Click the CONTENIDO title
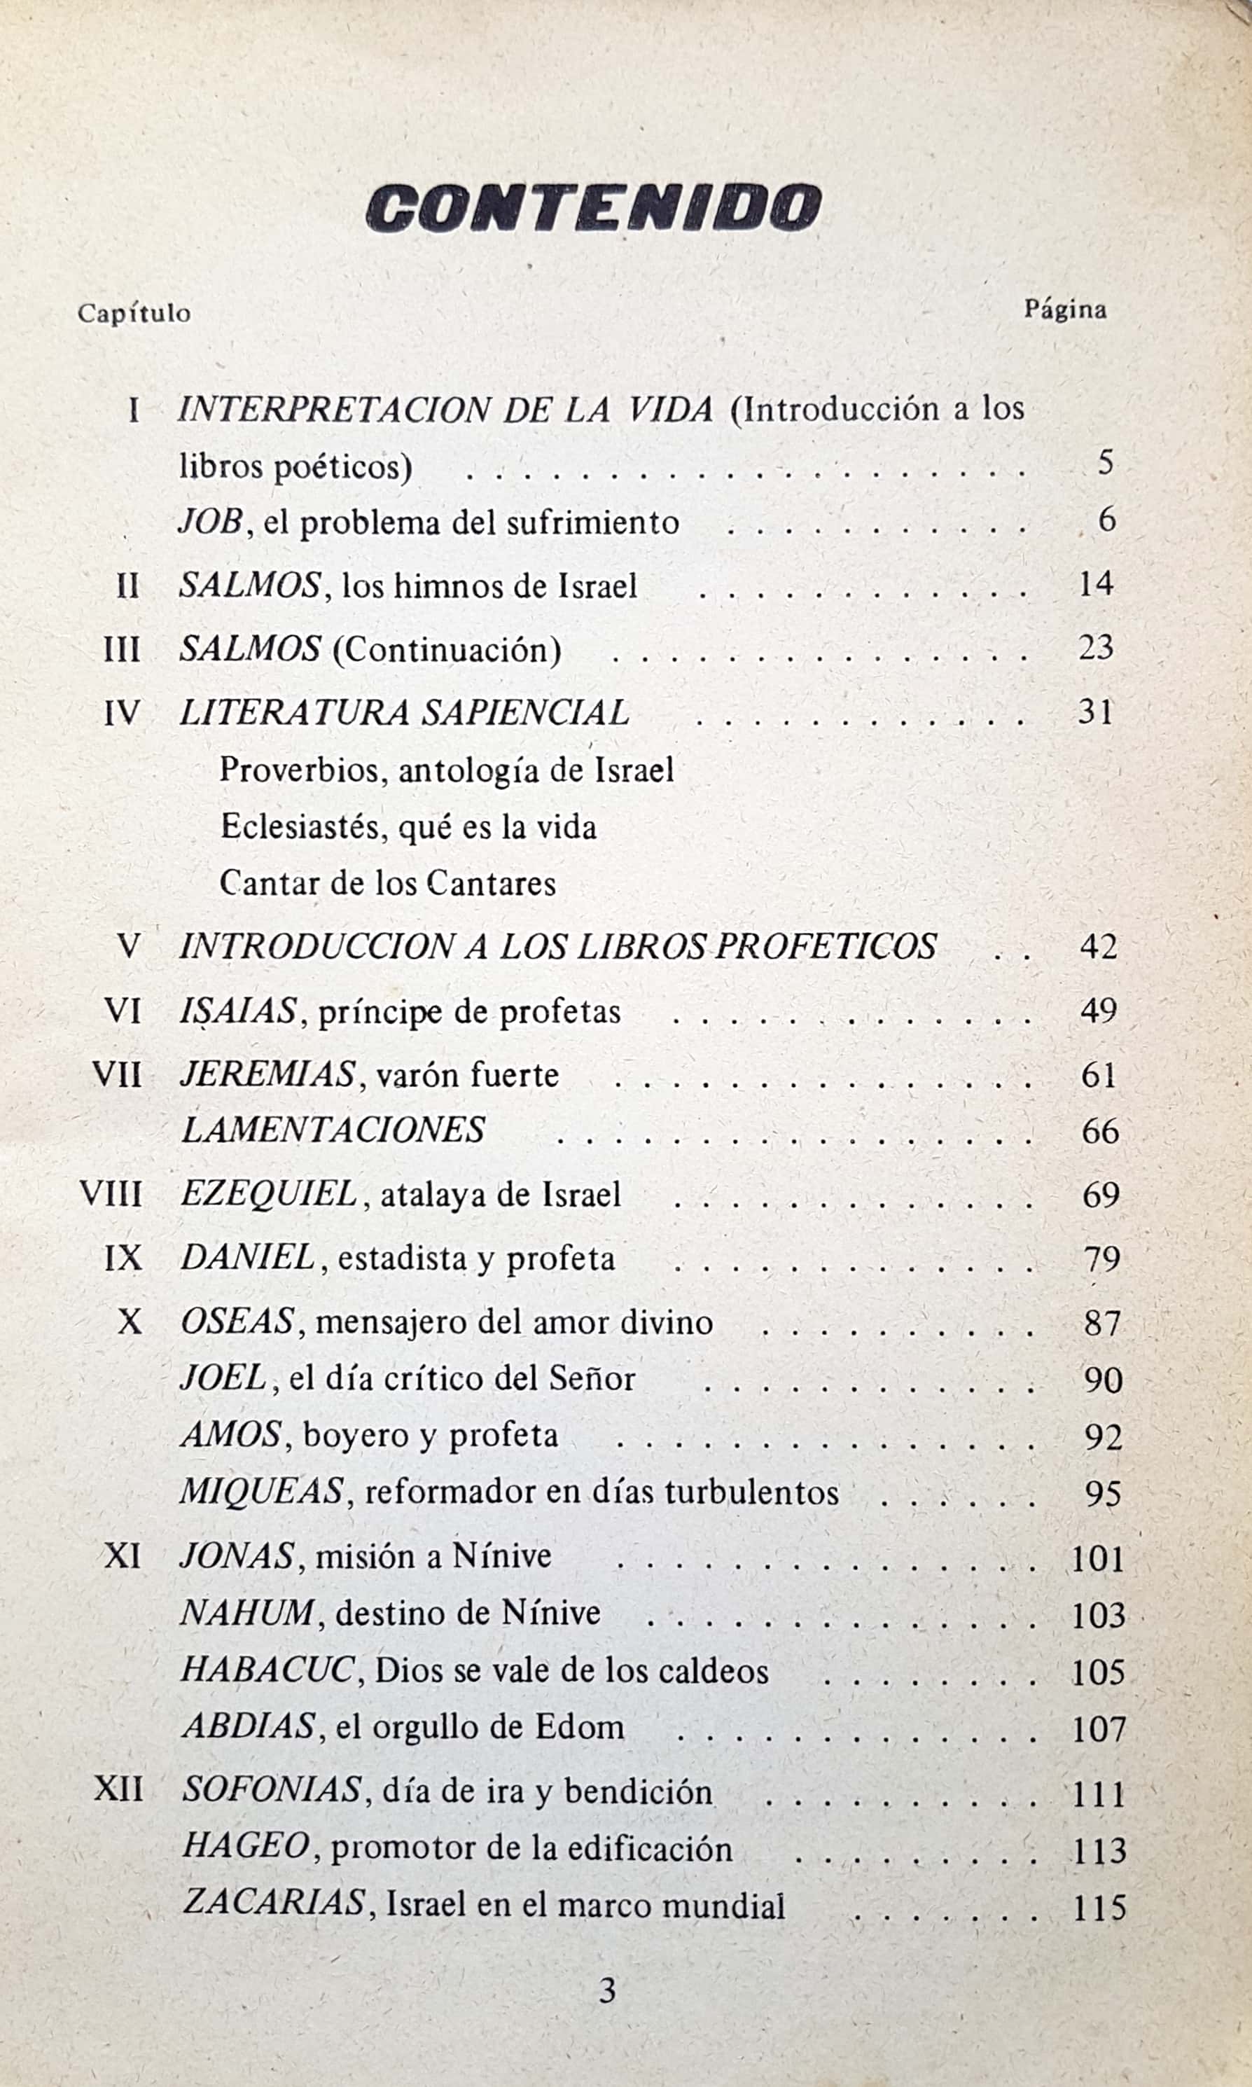pyautogui.click(x=593, y=207)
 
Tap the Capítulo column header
pyautogui.click(x=134, y=313)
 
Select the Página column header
pyautogui.click(x=1065, y=310)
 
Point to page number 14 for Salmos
pyautogui.click(x=1095, y=584)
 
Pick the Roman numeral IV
pyautogui.click(x=121, y=714)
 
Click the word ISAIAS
pyautogui.click(x=239, y=1011)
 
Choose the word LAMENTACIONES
pyautogui.click(x=333, y=1130)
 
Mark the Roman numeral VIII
pyautogui.click(x=111, y=1195)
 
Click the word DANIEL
pyautogui.click(x=248, y=1258)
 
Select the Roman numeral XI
pyautogui.click(x=123, y=1555)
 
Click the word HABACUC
pyautogui.click(x=267, y=1670)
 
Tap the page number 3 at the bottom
pyautogui.click(x=607, y=1992)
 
